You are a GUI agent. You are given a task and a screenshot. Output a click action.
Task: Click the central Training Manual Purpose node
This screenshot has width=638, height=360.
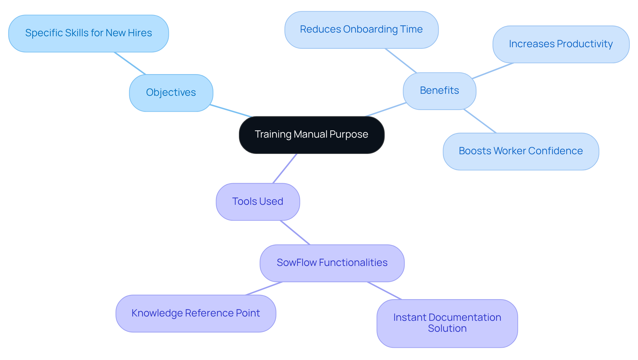coord(312,135)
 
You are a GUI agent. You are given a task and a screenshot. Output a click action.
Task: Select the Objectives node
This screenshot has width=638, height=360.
coord(171,93)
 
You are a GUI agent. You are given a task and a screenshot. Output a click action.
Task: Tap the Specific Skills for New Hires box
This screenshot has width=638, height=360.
coord(88,33)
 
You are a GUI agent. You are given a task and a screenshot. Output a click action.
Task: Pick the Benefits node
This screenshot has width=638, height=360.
coord(439,91)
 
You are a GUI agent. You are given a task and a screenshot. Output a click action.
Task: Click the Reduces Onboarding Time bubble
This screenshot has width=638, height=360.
coord(361,30)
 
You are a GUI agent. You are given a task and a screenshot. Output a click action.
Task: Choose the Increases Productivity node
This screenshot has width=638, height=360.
coord(561,44)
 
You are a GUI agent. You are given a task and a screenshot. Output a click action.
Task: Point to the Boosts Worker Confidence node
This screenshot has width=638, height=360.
coord(521,151)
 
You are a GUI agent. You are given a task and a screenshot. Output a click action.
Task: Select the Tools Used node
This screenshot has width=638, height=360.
coord(258,201)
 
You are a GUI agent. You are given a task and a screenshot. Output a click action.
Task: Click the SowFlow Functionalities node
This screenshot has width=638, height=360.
coord(332,263)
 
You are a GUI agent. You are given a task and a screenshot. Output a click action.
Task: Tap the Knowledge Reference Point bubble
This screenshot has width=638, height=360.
coord(196,313)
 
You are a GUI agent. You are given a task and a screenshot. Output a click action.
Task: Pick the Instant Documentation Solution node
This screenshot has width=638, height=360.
coord(447,323)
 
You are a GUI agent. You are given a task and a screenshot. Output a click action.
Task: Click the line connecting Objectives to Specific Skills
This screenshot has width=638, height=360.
coord(130,63)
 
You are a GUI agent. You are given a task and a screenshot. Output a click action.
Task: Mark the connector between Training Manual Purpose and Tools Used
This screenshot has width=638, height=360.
coord(285,168)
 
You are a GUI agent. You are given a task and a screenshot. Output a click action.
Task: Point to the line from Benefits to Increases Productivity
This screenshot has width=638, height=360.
coord(493,70)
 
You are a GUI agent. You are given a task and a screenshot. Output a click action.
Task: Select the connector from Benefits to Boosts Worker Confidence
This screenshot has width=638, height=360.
coord(480,121)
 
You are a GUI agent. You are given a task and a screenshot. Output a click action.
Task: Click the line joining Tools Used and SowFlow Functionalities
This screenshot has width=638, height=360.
coord(295,232)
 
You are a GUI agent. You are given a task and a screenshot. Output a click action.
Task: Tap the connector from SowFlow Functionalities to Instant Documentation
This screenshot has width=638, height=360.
coord(384,291)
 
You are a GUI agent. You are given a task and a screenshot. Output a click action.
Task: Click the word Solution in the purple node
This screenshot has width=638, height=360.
coord(447,328)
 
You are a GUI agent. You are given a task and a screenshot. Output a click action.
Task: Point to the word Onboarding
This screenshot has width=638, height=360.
coord(370,29)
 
